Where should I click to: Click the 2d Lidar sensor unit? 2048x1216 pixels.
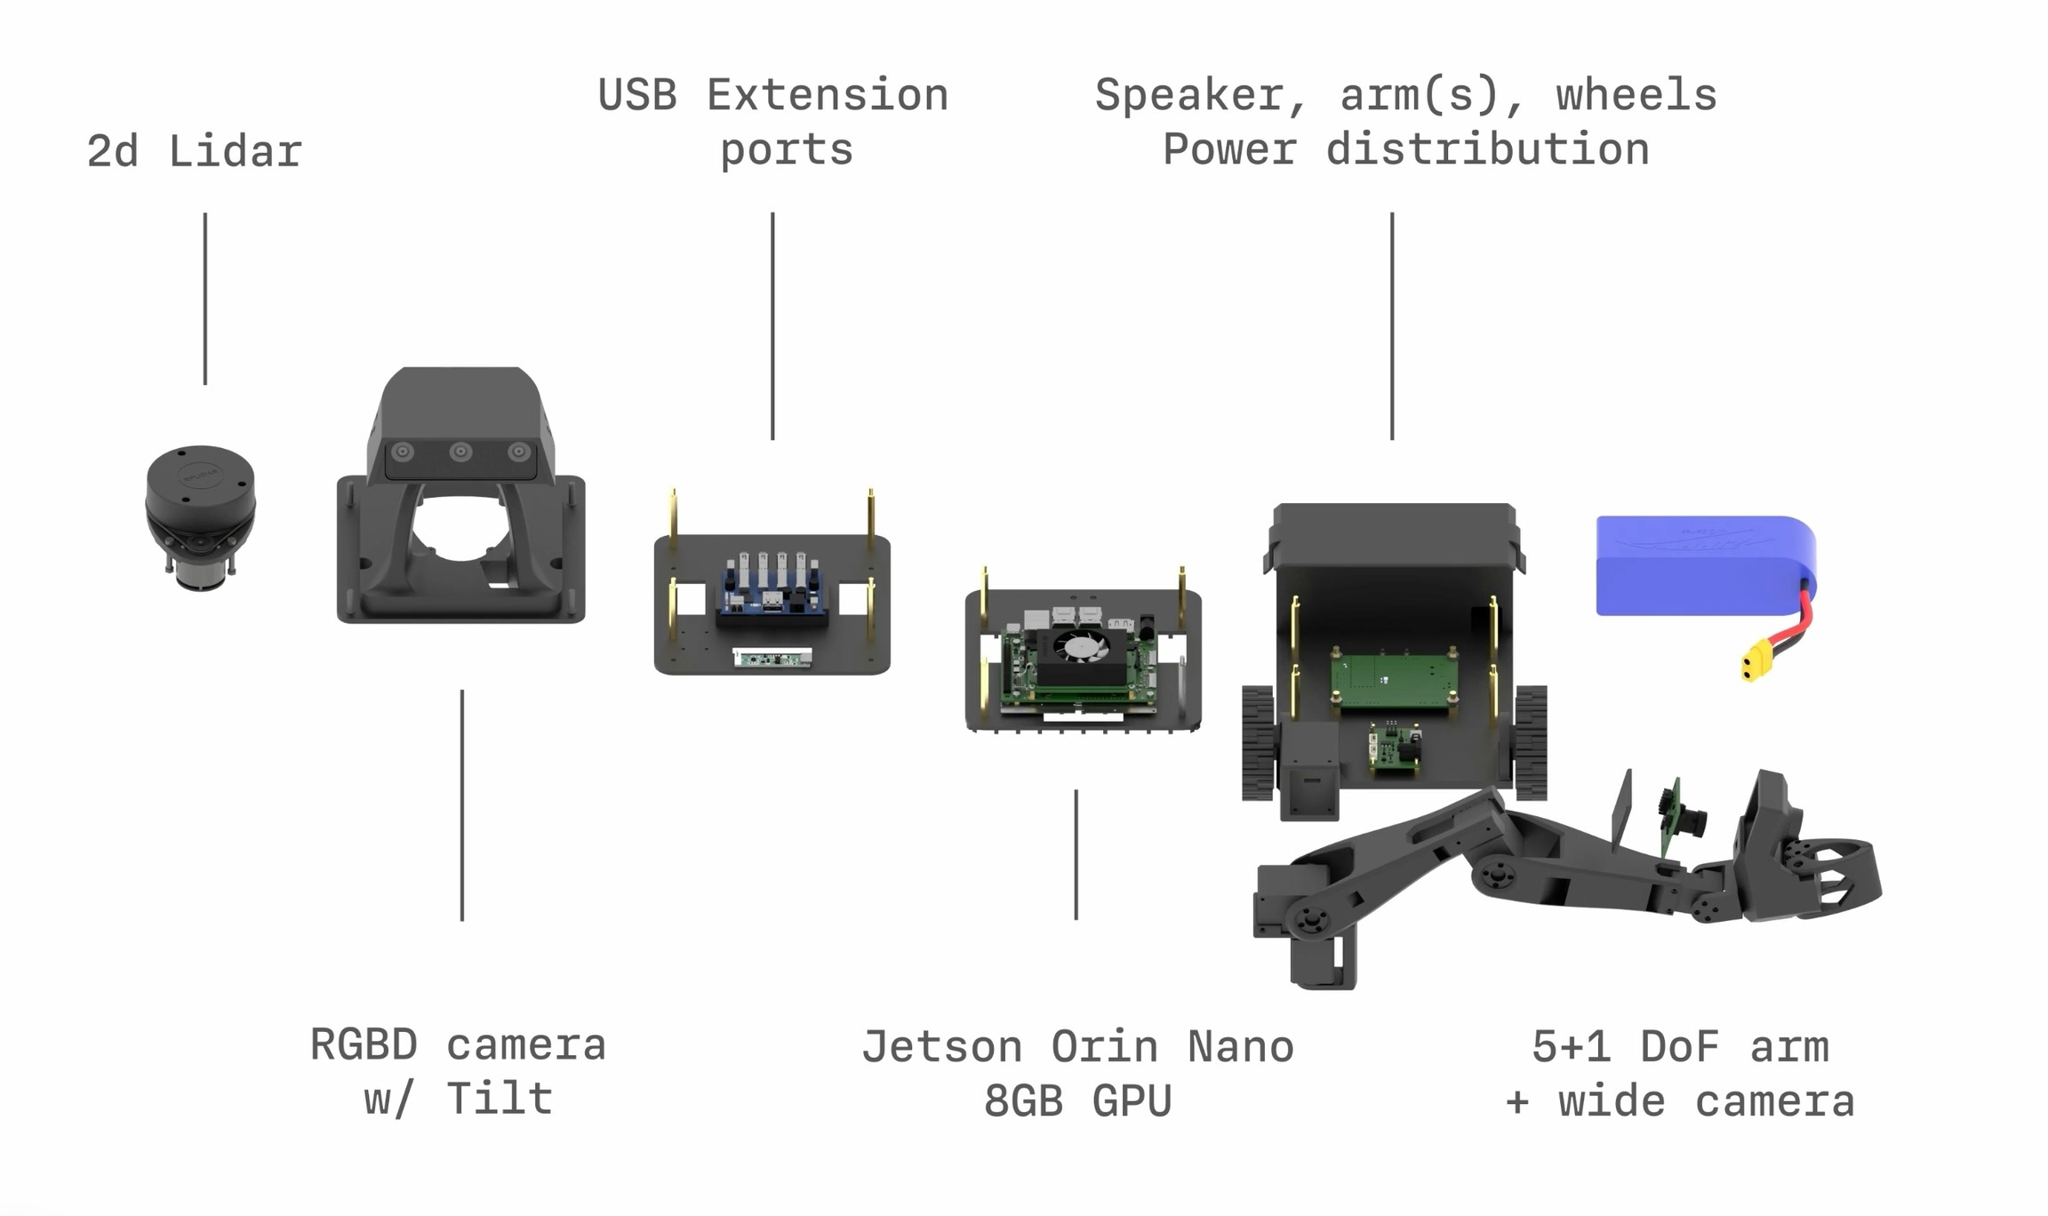click(x=200, y=516)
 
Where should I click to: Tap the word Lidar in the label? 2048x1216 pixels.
click(x=235, y=152)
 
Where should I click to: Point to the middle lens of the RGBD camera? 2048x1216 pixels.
click(x=460, y=452)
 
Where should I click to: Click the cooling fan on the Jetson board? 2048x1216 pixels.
click(x=1081, y=646)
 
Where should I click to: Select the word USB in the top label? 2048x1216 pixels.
click(x=637, y=95)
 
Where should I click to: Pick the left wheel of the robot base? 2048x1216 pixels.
click(x=1258, y=743)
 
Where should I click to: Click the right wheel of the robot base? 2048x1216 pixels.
click(x=1531, y=741)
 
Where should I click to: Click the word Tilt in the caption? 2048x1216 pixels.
click(x=499, y=1099)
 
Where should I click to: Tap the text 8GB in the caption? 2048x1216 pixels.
click(x=1023, y=1101)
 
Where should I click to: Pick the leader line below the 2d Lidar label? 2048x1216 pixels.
click(x=205, y=299)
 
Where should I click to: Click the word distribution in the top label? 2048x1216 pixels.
click(x=1487, y=149)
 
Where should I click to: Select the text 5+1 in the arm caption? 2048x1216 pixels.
click(x=1571, y=1047)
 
